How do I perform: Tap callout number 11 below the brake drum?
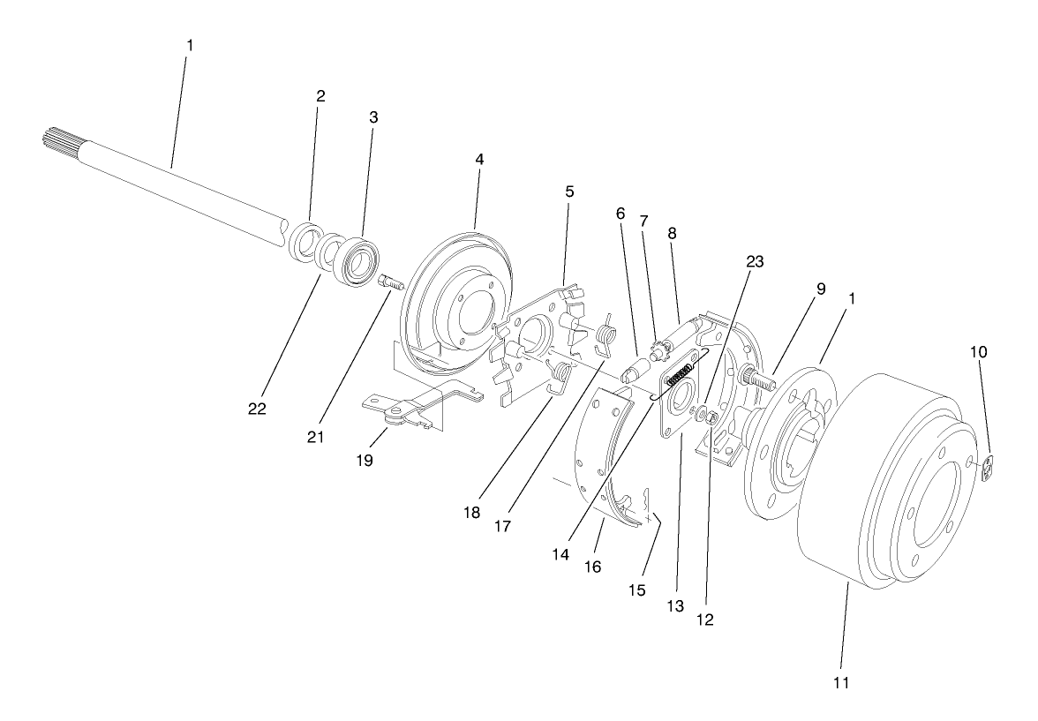tap(842, 682)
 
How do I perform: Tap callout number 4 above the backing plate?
tap(479, 160)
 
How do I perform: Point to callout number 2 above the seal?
tap(320, 96)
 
